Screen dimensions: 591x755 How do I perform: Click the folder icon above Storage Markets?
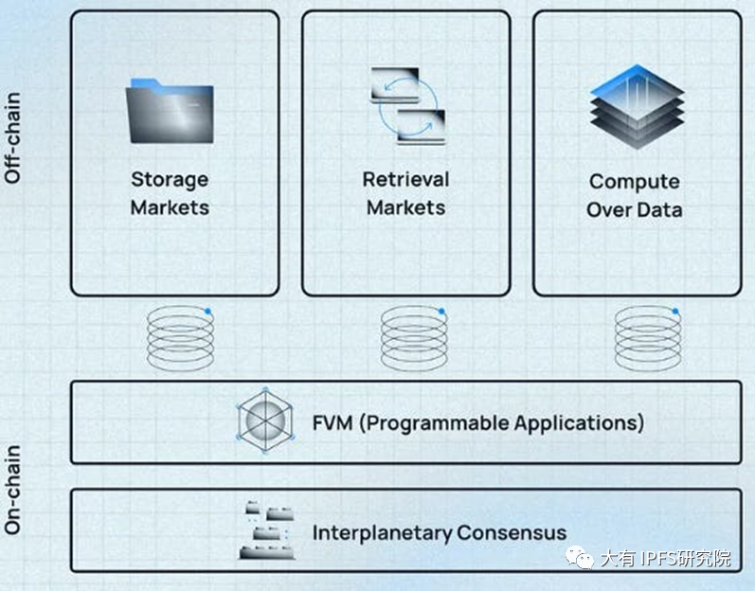point(171,111)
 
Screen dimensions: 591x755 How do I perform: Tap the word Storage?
point(170,179)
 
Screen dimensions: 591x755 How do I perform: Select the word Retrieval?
point(405,179)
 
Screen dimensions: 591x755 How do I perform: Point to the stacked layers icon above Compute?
point(637,106)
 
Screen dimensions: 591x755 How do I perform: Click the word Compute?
point(634,181)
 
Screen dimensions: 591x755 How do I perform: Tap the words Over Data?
point(634,209)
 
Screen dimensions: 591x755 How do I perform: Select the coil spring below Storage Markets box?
point(180,337)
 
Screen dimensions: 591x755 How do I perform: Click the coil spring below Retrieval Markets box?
point(413,337)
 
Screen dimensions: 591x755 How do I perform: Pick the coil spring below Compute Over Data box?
point(648,337)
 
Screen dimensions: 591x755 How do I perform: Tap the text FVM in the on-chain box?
point(333,421)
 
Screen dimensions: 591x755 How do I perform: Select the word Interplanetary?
point(381,532)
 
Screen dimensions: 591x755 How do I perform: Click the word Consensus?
point(512,532)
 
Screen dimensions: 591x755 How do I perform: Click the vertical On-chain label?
point(13,489)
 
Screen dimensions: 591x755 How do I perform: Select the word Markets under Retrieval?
point(405,206)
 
